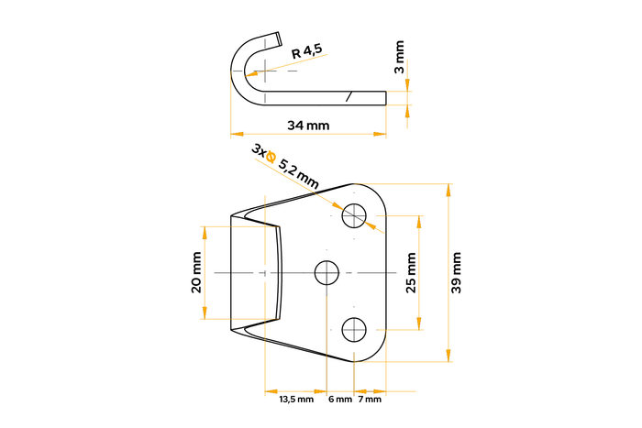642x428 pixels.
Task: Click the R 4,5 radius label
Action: pyautogui.click(x=306, y=53)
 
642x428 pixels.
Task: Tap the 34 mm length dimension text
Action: pyautogui.click(x=307, y=124)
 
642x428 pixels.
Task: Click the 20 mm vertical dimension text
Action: pyautogui.click(x=196, y=273)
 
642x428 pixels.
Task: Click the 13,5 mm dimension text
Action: pyautogui.click(x=295, y=400)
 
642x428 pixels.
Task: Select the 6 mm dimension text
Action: pyautogui.click(x=339, y=400)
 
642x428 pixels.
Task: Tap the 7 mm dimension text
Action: pyautogui.click(x=370, y=400)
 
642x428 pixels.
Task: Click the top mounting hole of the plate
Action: pyautogui.click(x=354, y=215)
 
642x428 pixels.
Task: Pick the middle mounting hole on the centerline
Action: pyautogui.click(x=327, y=272)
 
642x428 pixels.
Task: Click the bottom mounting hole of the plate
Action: pyautogui.click(x=354, y=328)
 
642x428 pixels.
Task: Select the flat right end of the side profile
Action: pyautogui.click(x=385, y=96)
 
